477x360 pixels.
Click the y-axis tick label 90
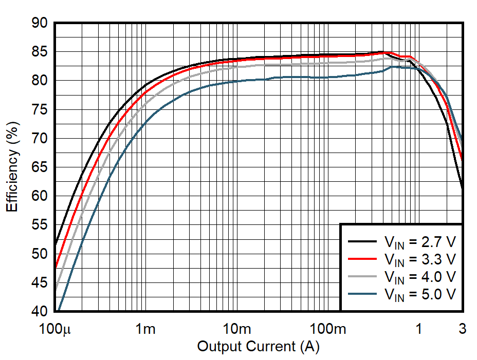pos(39,23)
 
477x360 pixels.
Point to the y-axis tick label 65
pos(39,167)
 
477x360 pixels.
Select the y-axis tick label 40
pos(39,312)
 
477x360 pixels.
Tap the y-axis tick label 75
pos(39,110)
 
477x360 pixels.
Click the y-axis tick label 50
pos(39,254)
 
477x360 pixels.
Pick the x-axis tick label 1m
pos(146,329)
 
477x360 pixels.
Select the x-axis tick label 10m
pos(236,329)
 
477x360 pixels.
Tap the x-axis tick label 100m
pos(327,329)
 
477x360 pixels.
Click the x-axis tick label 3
pos(463,329)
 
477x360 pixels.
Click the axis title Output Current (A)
pos(258,347)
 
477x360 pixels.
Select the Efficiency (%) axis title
pos(12,166)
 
